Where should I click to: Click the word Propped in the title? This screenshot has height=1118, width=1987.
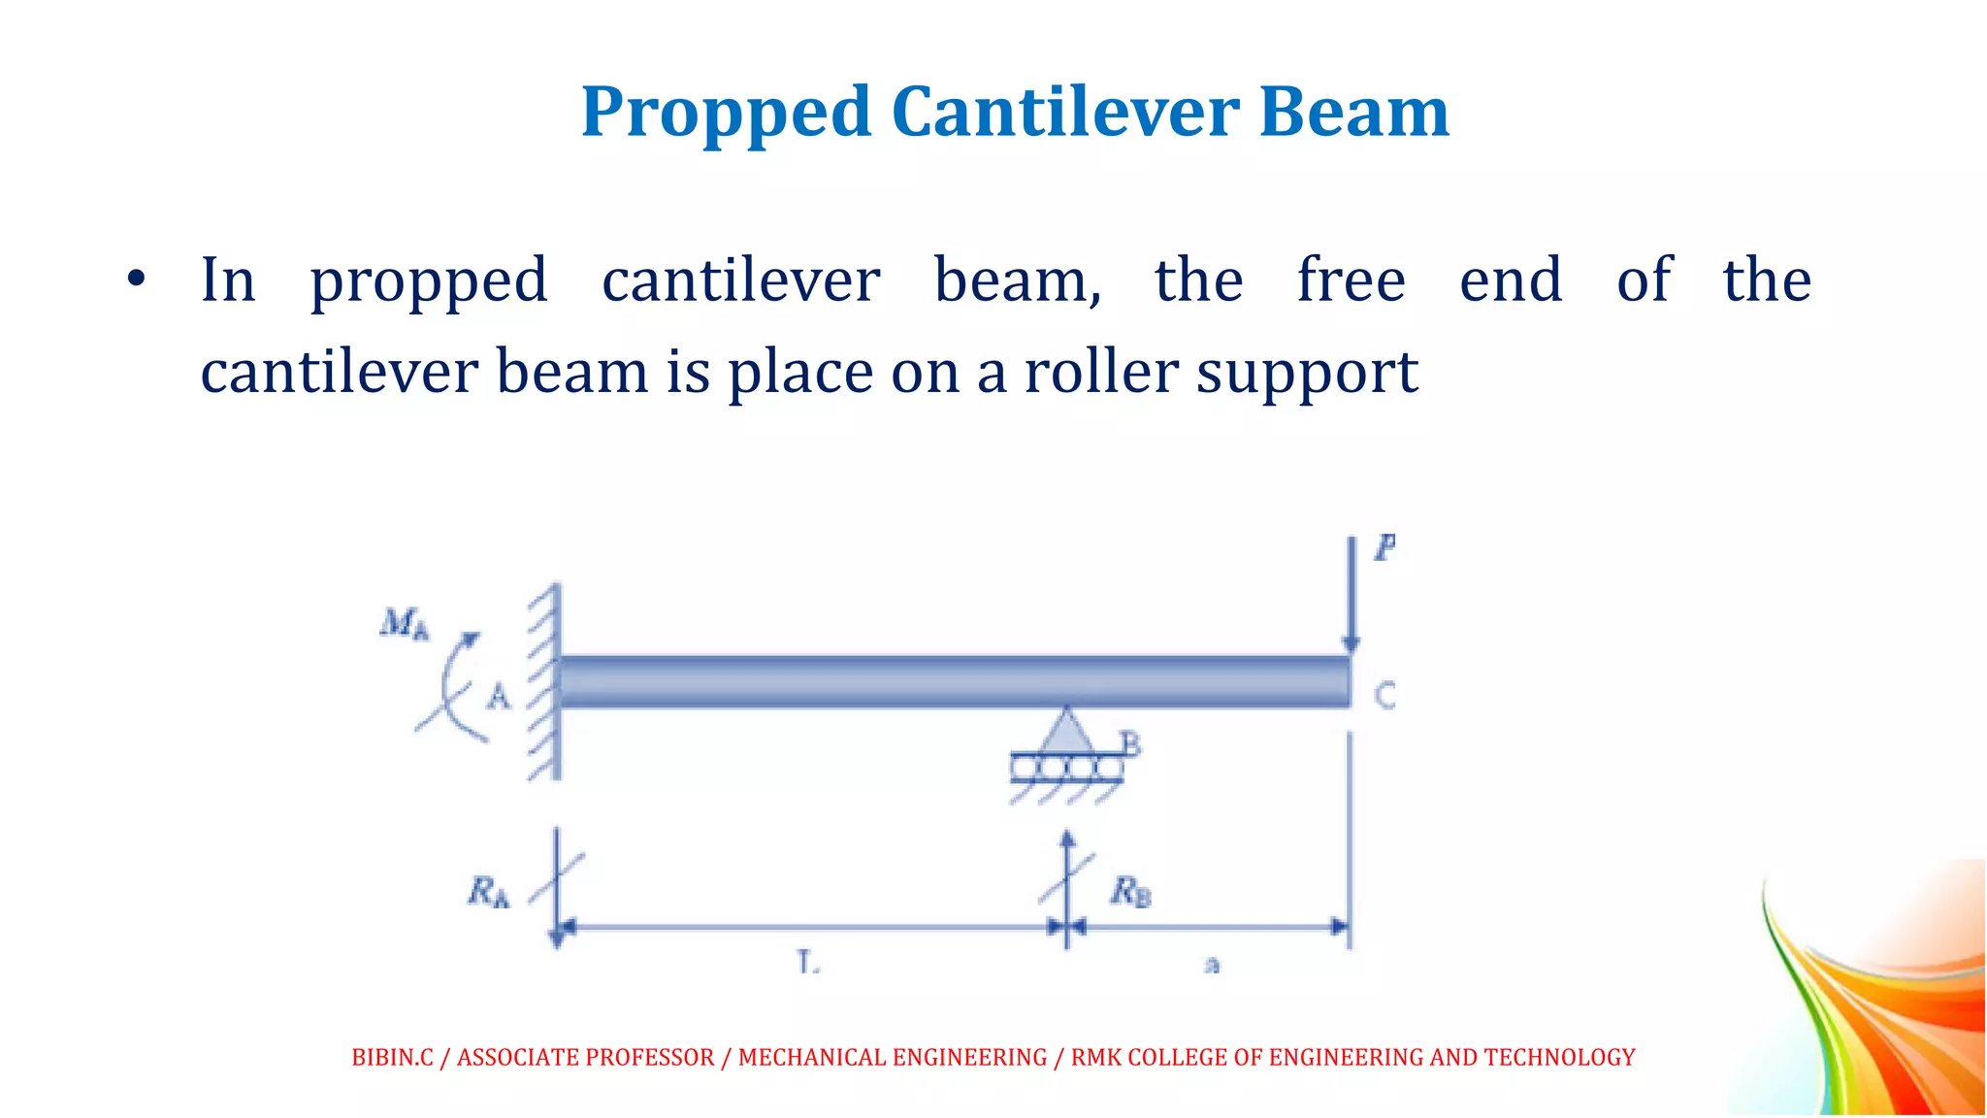[x=726, y=114]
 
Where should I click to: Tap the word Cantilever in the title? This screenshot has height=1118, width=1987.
[x=1064, y=112]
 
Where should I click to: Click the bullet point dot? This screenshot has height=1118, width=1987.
[x=136, y=279]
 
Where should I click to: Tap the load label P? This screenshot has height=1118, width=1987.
[x=1384, y=548]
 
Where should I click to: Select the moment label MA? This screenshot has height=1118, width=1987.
[x=404, y=623]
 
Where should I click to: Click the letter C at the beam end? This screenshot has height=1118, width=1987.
[x=1384, y=695]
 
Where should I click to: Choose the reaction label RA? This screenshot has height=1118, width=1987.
[x=488, y=891]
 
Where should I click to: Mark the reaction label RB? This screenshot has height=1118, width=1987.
[x=1130, y=890]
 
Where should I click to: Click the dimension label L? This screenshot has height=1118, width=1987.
[x=807, y=962]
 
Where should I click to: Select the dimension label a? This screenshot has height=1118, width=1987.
[x=1211, y=965]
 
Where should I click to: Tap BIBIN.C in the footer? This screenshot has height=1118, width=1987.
[x=392, y=1057]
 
